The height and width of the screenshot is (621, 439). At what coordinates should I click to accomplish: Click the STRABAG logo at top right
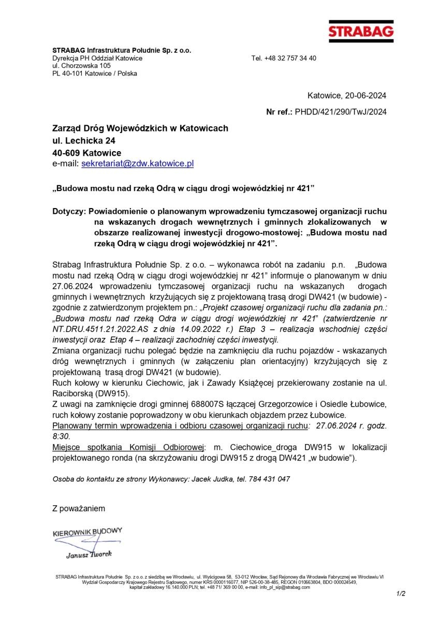tap(361, 31)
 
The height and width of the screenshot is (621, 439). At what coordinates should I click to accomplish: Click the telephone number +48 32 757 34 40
tap(291, 58)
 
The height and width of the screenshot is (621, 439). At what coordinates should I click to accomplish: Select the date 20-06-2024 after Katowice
tap(365, 96)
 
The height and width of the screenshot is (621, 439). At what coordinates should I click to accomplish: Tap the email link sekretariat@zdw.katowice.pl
tap(138, 164)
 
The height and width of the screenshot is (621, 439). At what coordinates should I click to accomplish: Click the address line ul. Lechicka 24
tap(84, 140)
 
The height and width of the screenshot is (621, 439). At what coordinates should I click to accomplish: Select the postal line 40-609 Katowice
tap(86, 153)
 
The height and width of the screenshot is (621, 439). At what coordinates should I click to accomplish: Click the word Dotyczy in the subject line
tap(69, 212)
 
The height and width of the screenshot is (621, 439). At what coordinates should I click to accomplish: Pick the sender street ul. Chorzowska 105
tap(81, 66)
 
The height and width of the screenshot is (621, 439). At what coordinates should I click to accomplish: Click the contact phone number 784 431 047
tap(268, 479)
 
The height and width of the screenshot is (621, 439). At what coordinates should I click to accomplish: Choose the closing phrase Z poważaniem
tap(79, 508)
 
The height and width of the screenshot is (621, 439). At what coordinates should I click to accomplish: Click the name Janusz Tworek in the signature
tap(89, 555)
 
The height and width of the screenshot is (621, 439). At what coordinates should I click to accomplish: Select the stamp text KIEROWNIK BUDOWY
tap(87, 531)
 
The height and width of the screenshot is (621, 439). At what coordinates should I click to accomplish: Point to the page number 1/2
tap(401, 594)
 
